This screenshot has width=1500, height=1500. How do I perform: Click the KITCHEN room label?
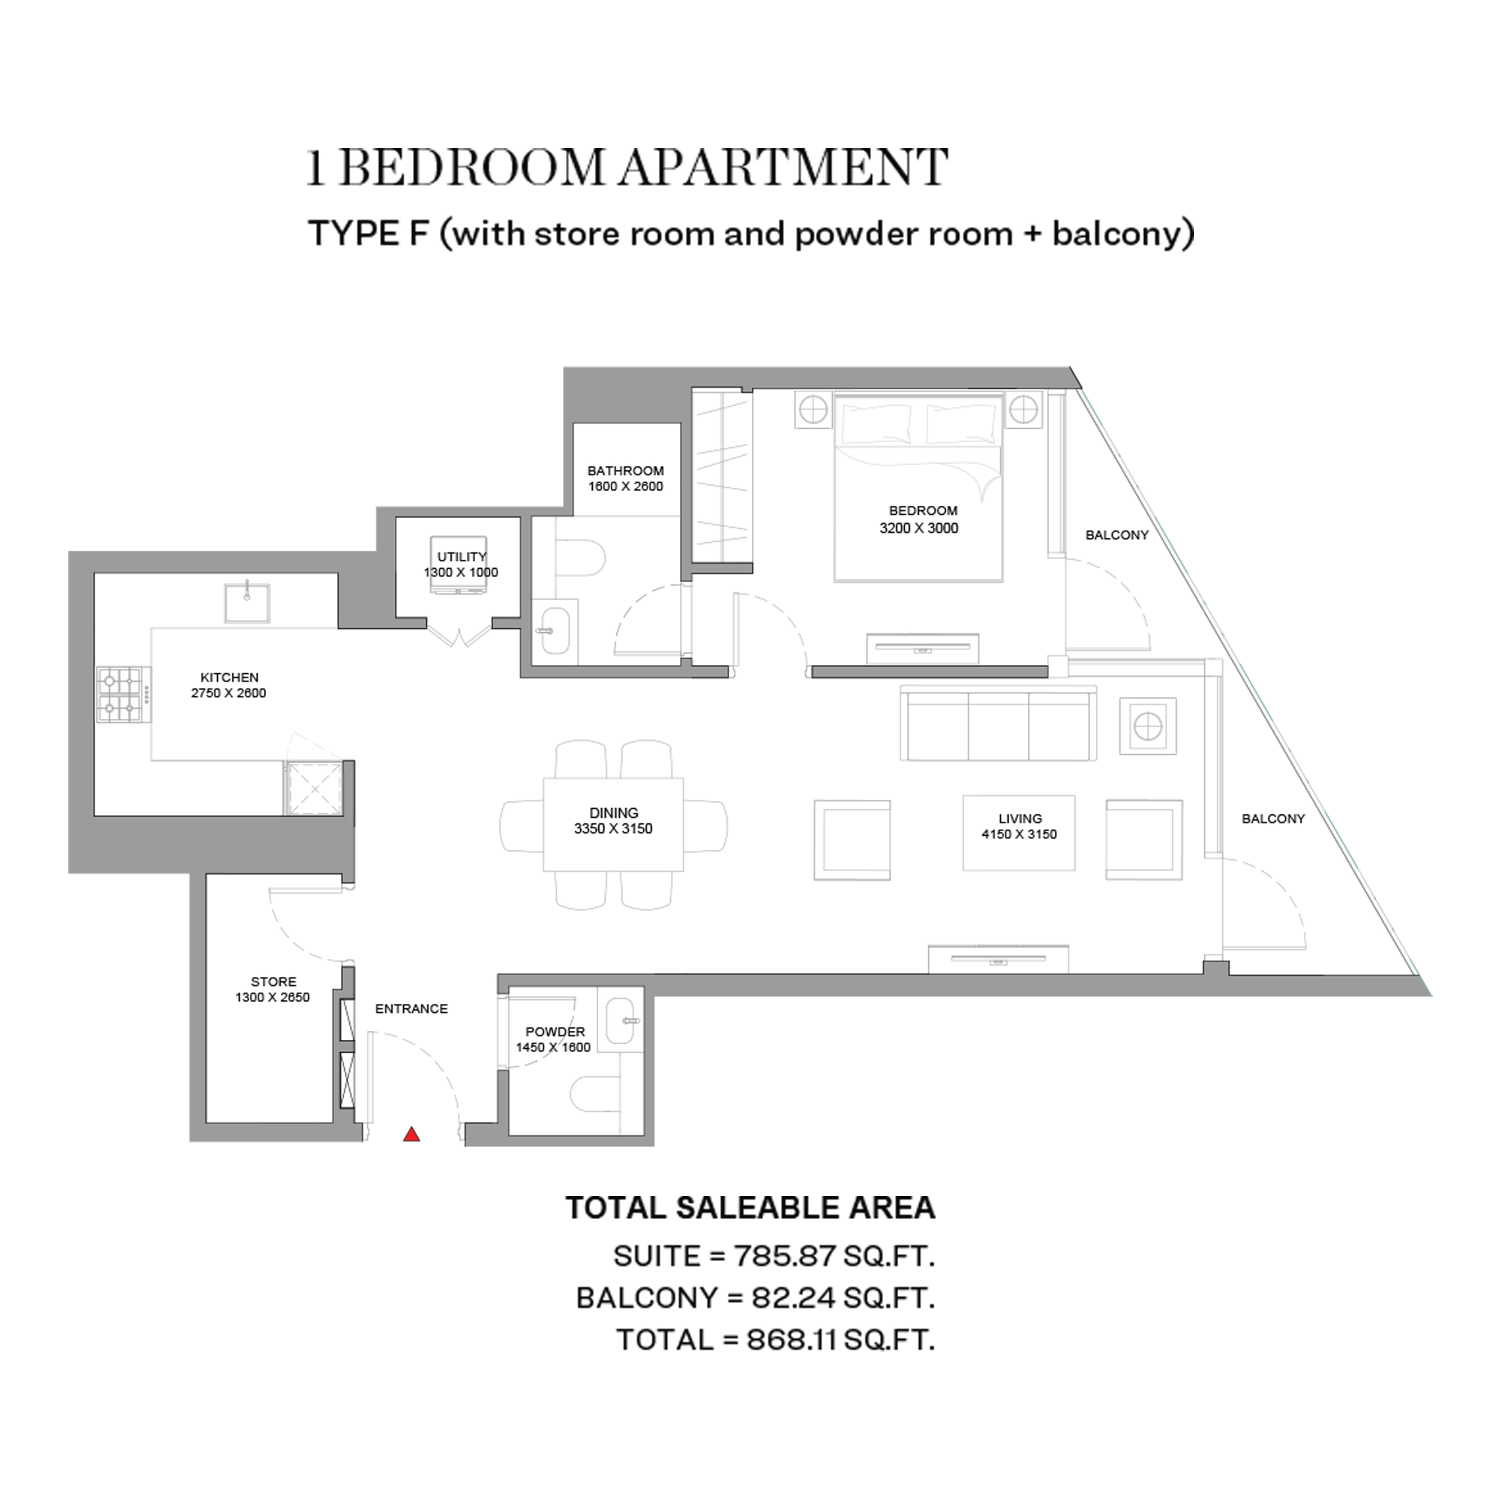click(229, 677)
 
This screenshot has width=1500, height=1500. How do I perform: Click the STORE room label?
click(273, 981)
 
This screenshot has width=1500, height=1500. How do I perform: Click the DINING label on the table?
click(613, 813)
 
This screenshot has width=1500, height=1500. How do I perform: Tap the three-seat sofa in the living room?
click(999, 723)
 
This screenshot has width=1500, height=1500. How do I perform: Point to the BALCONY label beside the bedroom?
click(1116, 535)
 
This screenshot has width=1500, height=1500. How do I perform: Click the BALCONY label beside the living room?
click(1273, 818)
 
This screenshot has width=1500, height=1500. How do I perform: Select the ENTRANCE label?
click(411, 1008)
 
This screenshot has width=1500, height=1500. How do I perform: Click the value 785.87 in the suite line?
click(784, 1256)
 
